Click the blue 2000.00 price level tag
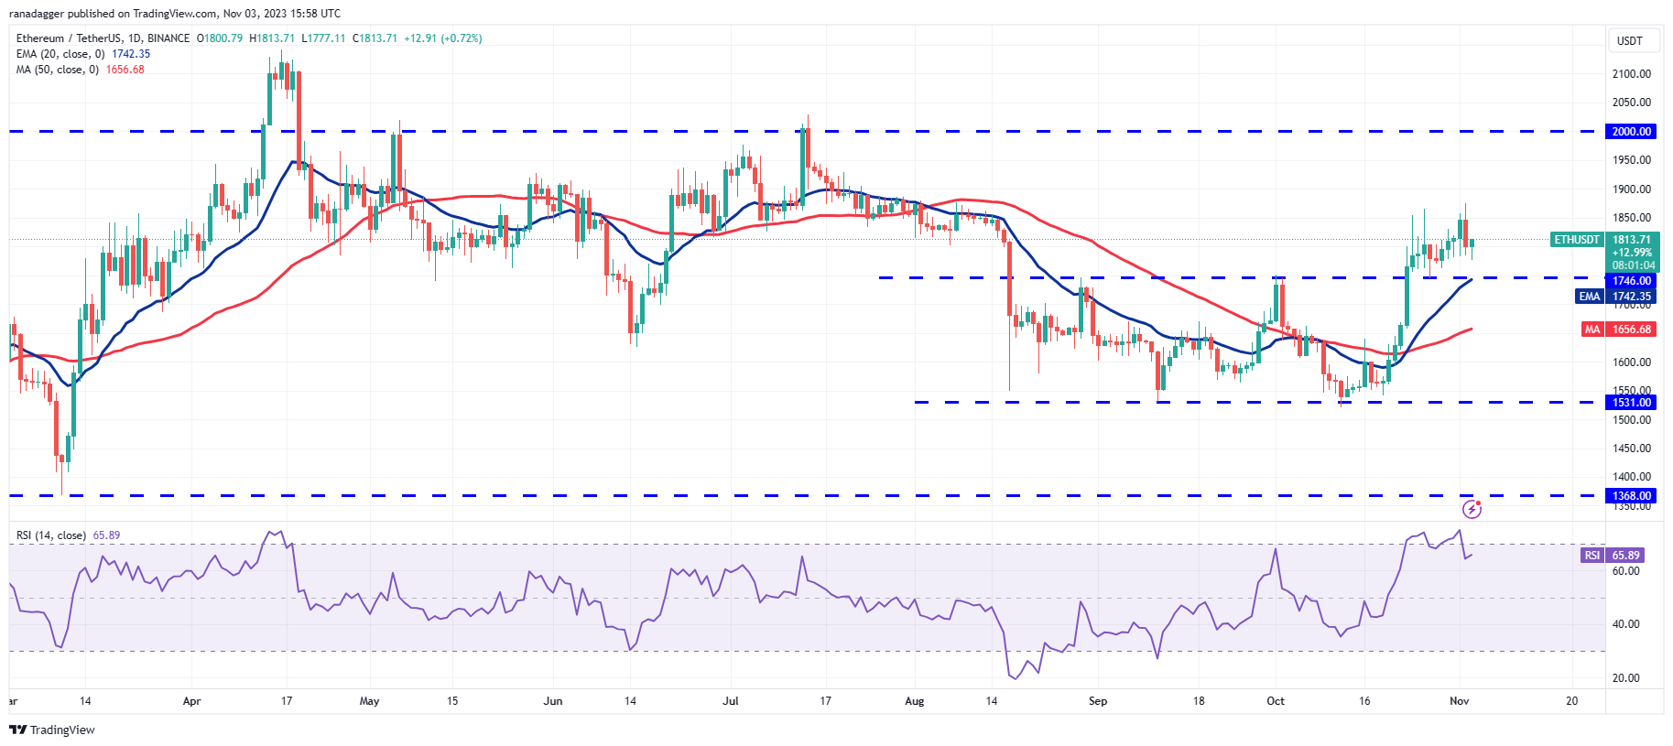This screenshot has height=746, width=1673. pos(1632,132)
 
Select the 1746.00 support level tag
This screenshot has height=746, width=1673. pos(1632,281)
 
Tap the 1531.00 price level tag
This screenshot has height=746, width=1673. pos(1632,403)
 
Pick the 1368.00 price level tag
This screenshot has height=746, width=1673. pos(1632,496)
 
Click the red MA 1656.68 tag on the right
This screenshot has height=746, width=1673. pos(1619,330)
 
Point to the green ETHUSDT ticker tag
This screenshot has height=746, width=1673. pos(1577,240)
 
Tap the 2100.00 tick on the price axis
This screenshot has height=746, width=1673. pos(1632,74)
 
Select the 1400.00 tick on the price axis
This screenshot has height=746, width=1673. pos(1632,477)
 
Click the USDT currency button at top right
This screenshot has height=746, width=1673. pos(1630,41)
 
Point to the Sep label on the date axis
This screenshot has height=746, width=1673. pos(1098,701)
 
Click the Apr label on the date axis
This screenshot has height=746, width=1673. pos(191,701)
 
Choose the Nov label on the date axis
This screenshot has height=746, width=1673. pos(1460,701)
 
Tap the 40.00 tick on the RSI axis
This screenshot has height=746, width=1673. pos(1625,624)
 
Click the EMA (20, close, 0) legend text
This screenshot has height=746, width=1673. pos(60,54)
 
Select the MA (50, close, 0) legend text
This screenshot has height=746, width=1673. pos(57,70)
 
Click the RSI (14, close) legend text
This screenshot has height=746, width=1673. pos(51,535)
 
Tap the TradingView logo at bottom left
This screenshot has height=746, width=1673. pos(52,730)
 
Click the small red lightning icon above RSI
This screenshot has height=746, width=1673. pos(1472,508)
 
